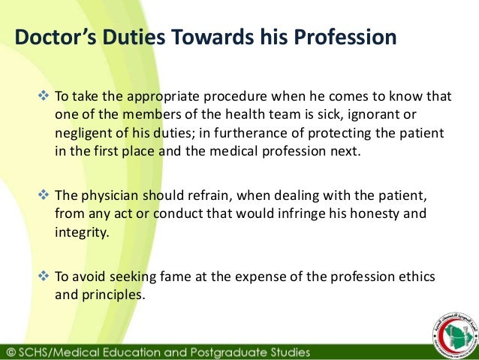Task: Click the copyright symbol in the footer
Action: pos(10,352)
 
